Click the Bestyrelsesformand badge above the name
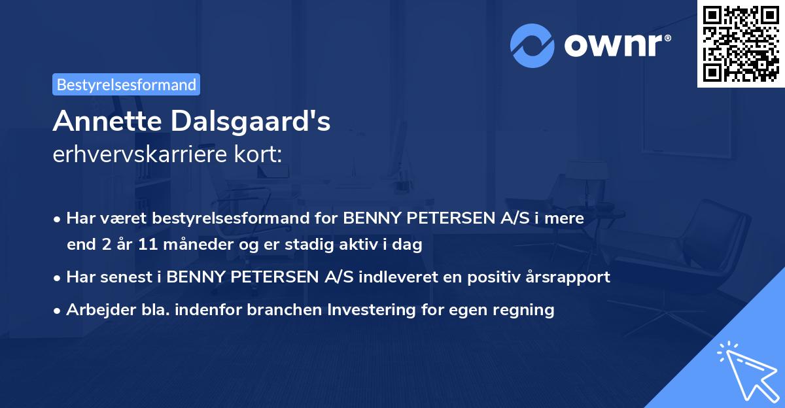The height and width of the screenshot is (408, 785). click(126, 84)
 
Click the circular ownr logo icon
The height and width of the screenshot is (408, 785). click(532, 46)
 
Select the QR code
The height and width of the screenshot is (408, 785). click(741, 43)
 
